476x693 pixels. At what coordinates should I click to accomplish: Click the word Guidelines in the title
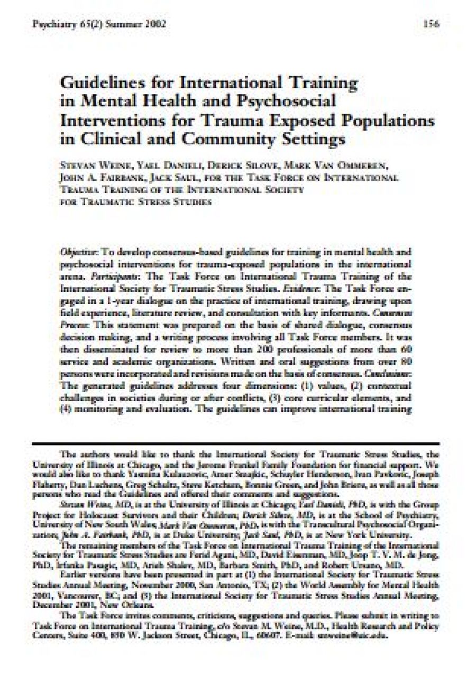[x=98, y=84]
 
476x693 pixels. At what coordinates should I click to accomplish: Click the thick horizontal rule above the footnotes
[x=235, y=443]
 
